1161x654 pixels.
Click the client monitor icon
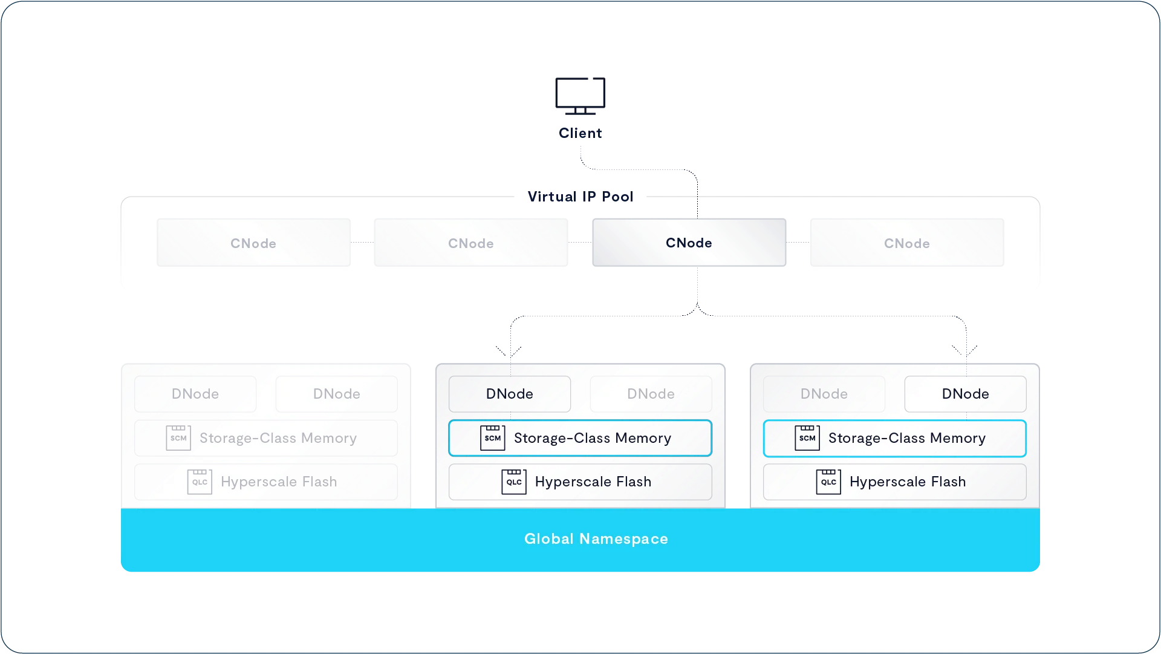[580, 96]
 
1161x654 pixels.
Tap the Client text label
[580, 133]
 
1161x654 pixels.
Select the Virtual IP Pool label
[580, 197]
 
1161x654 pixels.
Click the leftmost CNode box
[253, 243]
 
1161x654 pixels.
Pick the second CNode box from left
[470, 243]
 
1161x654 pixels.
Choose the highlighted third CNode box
[689, 243]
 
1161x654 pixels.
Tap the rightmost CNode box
[906, 243]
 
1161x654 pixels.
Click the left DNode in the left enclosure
[195, 394]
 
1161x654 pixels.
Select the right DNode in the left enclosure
[336, 394]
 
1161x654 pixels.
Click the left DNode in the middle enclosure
[510, 394]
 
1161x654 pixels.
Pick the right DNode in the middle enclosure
[651, 394]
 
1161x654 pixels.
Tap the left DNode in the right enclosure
[824, 394]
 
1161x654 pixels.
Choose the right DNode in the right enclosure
[965, 394]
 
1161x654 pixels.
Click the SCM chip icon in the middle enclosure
[492, 437]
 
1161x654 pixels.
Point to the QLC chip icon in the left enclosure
[200, 482]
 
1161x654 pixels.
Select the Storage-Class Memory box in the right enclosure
[894, 438]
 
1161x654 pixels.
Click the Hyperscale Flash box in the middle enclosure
[580, 482]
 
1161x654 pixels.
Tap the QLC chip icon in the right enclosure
[828, 482]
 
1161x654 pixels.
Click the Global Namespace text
[596, 539]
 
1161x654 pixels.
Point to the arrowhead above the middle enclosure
[510, 352]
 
